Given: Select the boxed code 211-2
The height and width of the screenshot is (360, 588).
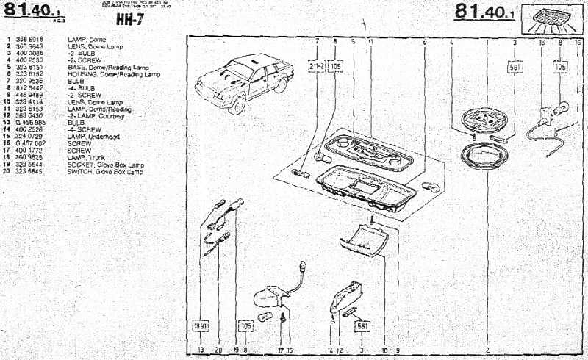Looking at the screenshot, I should click(x=317, y=66).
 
